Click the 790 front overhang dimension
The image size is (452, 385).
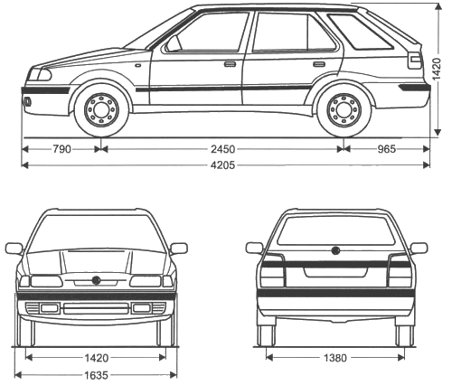click(62, 149)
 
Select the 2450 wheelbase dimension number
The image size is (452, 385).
click(223, 149)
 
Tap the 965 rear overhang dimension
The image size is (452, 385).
click(387, 149)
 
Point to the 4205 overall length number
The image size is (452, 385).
click(222, 165)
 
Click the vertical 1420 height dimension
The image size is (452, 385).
click(437, 69)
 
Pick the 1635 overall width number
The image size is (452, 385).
click(96, 375)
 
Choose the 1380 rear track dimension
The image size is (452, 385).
click(335, 358)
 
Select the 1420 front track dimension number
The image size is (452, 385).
click(96, 358)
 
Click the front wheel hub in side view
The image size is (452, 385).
click(102, 109)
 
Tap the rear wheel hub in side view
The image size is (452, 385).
click(344, 109)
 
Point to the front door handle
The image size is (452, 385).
click(230, 64)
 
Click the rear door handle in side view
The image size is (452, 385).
click(319, 64)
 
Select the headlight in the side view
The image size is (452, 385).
click(40, 74)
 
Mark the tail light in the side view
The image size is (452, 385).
click(414, 61)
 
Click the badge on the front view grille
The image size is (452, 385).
click(97, 280)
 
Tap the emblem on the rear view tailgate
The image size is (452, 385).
click(335, 250)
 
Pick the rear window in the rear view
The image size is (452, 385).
click(335, 230)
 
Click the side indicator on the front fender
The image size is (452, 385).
click(138, 65)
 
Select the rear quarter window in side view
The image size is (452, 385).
click(361, 32)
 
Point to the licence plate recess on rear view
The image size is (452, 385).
click(335, 272)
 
